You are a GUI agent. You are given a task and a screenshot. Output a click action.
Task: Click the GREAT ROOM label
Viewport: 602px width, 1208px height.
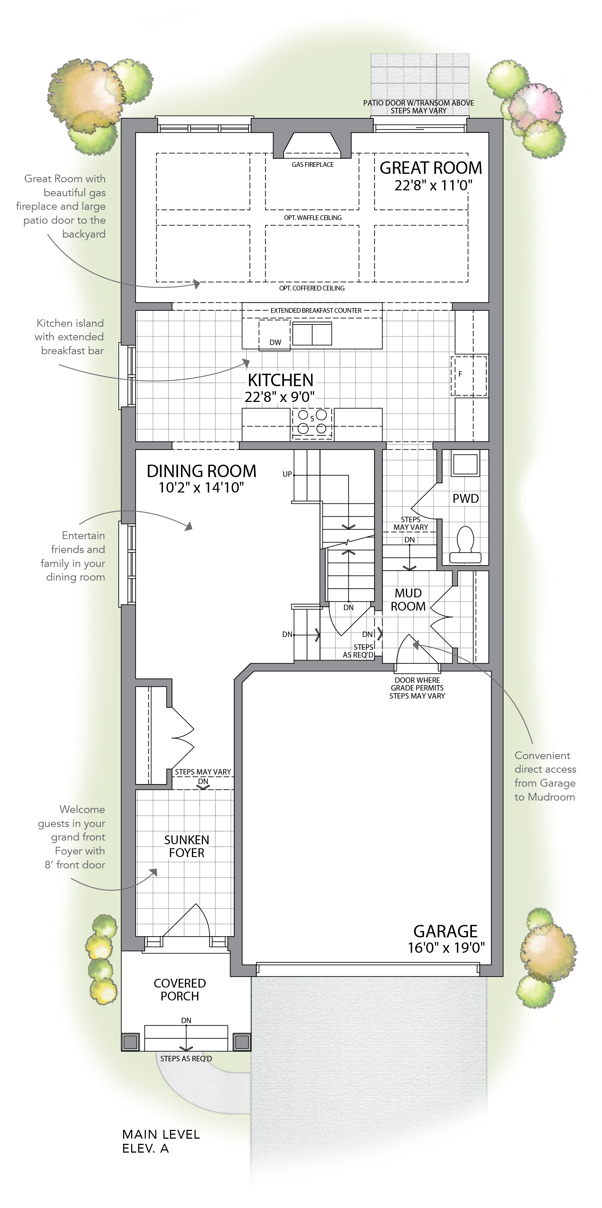click(x=431, y=168)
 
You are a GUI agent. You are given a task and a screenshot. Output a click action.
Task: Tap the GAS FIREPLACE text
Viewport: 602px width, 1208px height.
click(x=313, y=165)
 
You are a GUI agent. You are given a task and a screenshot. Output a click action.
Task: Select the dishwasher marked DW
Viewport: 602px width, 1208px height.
click(x=275, y=335)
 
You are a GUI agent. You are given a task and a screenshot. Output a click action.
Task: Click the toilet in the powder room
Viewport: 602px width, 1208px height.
click(x=465, y=545)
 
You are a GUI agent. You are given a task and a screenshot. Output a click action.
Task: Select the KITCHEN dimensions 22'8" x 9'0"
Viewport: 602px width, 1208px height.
click(x=280, y=397)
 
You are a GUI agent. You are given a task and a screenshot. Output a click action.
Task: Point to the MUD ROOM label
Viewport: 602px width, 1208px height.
click(x=408, y=600)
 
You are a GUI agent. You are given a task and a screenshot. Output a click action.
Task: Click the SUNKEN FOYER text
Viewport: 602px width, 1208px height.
click(x=186, y=846)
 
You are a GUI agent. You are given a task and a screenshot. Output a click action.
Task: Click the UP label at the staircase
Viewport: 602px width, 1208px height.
click(x=287, y=474)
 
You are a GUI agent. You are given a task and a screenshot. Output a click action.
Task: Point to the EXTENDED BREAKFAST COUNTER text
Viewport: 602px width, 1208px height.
click(x=316, y=311)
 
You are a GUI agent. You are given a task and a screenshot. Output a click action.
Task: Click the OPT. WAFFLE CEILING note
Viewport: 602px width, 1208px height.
click(x=313, y=217)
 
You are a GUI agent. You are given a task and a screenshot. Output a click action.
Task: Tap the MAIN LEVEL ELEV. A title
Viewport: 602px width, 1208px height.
click(x=161, y=1141)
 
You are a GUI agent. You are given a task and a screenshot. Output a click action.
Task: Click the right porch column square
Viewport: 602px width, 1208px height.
click(x=242, y=1042)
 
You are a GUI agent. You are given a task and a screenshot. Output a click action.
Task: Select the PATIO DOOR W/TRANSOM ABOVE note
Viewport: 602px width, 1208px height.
click(x=418, y=103)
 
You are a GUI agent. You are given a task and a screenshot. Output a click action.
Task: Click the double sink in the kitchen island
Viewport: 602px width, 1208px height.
click(x=311, y=333)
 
